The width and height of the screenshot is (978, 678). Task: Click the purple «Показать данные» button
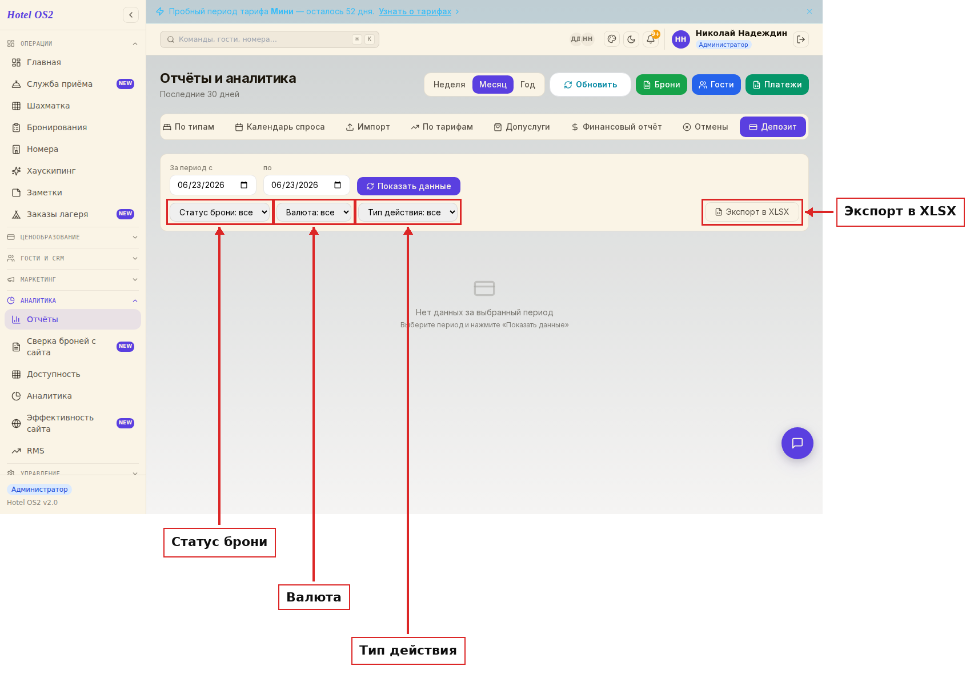point(408,186)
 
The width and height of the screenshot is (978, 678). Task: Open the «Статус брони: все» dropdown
point(219,212)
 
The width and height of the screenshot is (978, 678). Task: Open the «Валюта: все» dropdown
point(314,212)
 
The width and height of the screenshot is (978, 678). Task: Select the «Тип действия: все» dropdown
point(408,212)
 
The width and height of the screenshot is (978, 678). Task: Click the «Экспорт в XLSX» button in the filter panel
point(752,212)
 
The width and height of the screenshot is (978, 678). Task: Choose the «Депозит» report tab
point(772,127)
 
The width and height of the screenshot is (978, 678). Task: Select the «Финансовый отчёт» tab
point(616,127)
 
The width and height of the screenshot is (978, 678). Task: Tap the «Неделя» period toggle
point(449,85)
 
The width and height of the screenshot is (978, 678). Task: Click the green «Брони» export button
point(661,85)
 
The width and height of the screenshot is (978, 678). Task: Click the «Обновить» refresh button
point(590,85)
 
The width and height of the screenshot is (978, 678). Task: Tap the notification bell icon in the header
point(651,39)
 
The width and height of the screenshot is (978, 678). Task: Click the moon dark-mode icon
point(631,39)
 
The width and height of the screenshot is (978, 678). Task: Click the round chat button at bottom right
point(797,443)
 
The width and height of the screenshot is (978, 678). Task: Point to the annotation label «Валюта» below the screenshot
point(314,597)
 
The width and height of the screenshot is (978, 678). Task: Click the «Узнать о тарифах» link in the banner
point(415,11)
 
